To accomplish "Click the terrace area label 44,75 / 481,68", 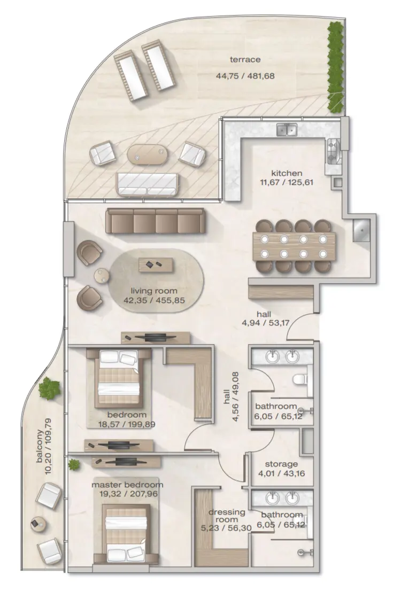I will click(x=245, y=76).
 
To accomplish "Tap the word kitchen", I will click(x=287, y=173).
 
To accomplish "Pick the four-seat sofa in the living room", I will click(x=155, y=221).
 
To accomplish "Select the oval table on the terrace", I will click(x=147, y=154).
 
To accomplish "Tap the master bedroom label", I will click(x=127, y=485).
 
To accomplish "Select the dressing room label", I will click(x=227, y=516).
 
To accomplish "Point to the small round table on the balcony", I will click(x=37, y=524).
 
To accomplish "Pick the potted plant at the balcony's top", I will click(x=50, y=388).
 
